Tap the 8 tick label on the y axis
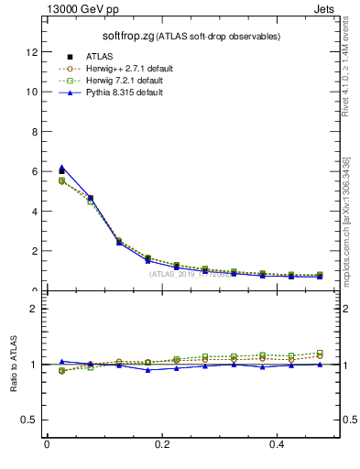coord(34,132)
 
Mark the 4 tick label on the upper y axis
coord(34,212)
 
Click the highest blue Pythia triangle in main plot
coord(61,168)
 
